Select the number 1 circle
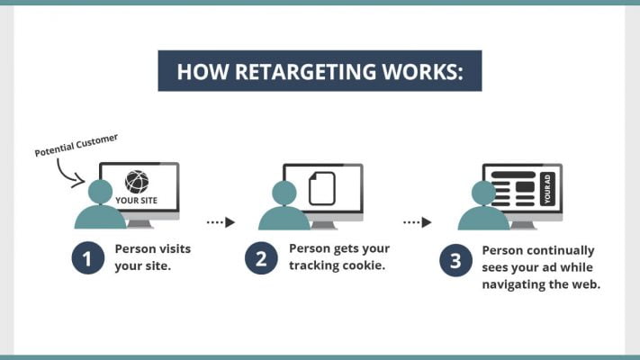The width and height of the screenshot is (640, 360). [86, 259]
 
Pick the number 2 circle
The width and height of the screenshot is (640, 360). [260, 259]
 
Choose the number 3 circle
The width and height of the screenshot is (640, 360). [455, 261]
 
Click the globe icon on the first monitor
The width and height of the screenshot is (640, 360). [137, 182]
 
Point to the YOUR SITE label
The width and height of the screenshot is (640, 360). [137, 201]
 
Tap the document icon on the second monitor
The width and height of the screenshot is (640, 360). [321, 188]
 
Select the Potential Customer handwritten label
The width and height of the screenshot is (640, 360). [77, 146]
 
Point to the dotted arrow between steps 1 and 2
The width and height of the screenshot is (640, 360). [221, 221]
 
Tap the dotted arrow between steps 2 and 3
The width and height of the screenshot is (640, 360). [417, 221]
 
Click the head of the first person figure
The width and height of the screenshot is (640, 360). [101, 191]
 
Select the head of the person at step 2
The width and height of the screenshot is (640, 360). [284, 192]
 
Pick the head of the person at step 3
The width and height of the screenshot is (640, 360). [483, 192]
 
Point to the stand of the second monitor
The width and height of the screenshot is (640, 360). [323, 223]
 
